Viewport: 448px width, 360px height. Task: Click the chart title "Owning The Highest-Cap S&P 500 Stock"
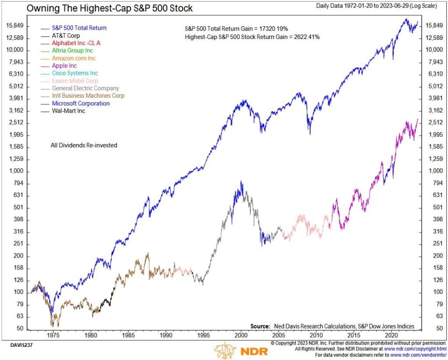click(x=109, y=8)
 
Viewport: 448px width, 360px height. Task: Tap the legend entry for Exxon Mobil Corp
click(x=75, y=81)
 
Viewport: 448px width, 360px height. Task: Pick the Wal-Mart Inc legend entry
click(x=68, y=111)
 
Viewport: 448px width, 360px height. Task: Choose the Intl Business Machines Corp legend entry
click(x=88, y=95)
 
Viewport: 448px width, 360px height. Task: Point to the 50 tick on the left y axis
click(x=20, y=328)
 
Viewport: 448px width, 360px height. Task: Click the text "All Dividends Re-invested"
click(x=84, y=145)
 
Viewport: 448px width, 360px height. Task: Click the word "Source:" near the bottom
click(x=261, y=326)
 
